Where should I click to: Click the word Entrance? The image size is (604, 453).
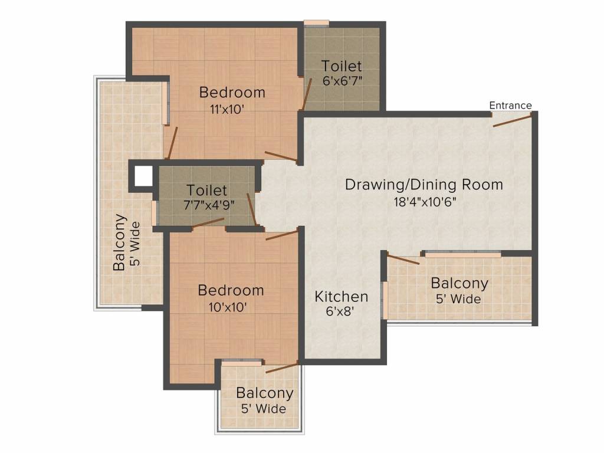tap(510, 105)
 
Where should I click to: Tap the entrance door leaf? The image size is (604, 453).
tap(513, 120)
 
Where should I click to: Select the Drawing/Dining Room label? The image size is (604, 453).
tap(424, 185)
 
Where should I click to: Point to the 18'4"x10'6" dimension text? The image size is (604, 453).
tap(425, 202)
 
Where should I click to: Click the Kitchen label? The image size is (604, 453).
tap(342, 297)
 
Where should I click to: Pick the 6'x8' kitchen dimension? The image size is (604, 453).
tap(340, 311)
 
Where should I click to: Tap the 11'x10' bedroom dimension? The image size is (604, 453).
tap(227, 109)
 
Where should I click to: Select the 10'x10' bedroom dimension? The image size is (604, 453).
tap(228, 307)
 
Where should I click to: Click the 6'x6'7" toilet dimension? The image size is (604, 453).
tap(343, 81)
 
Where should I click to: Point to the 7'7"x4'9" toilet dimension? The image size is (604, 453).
tap(209, 205)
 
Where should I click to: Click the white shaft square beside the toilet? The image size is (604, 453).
tap(143, 176)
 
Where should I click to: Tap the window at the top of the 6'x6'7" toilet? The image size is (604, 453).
tap(317, 23)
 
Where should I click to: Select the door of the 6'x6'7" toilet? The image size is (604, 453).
tap(307, 94)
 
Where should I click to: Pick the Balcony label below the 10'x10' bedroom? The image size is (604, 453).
tap(265, 393)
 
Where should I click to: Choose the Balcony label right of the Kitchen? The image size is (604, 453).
tap(459, 283)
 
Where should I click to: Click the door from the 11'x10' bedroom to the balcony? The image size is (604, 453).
tap(172, 143)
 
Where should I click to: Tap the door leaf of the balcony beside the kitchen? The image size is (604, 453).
tap(403, 259)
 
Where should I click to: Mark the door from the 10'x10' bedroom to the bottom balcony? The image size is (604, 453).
tap(281, 367)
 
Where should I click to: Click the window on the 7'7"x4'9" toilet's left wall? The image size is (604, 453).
tap(154, 213)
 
